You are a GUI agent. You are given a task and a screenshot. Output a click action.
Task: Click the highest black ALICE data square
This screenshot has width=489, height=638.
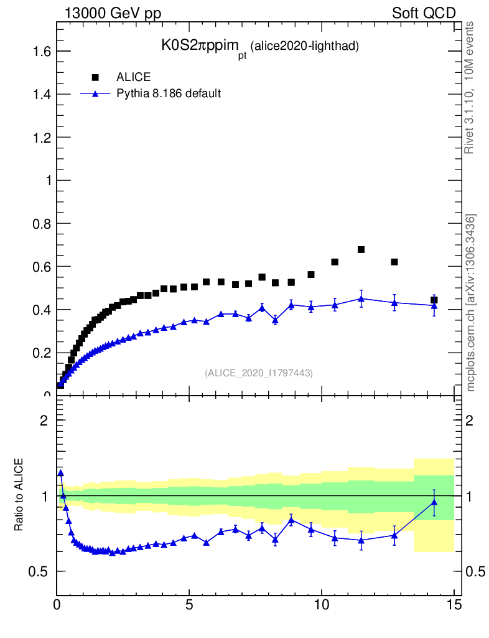(x=361, y=249)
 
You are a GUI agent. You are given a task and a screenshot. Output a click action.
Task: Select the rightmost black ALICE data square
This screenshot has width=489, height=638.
(x=434, y=300)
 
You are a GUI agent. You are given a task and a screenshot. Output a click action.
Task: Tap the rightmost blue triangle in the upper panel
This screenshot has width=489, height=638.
(x=434, y=305)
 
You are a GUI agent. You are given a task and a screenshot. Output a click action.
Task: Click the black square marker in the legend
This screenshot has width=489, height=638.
(x=95, y=77)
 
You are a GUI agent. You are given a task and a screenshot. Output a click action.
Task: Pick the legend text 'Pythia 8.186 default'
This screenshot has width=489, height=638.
(x=169, y=93)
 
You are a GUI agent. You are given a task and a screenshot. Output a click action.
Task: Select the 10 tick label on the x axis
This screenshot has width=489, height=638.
(x=321, y=604)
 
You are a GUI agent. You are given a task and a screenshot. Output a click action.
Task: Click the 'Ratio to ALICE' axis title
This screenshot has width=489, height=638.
(x=20, y=495)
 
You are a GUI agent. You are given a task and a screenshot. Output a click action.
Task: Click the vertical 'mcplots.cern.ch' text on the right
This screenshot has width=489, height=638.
(x=471, y=303)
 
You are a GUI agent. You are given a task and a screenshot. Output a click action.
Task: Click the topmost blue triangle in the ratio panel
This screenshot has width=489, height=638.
(x=60, y=473)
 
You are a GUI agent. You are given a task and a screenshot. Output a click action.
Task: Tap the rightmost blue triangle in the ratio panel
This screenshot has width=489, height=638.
(x=434, y=502)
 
